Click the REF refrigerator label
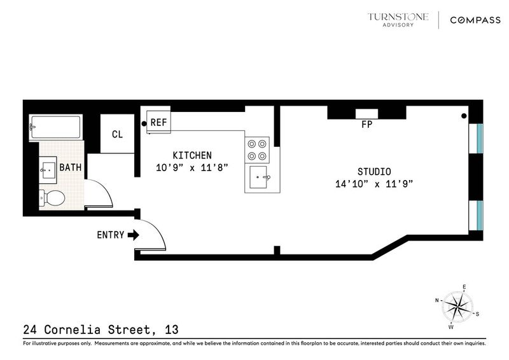(158, 122)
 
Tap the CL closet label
(117, 134)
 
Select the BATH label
(71, 167)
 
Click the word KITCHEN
(192, 155)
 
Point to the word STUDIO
(374, 171)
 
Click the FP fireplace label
(367, 124)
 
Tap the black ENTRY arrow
(134, 235)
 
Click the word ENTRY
(110, 235)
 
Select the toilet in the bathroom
(52, 197)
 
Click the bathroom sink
(48, 167)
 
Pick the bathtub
(55, 127)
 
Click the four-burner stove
(257, 150)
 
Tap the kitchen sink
(259, 177)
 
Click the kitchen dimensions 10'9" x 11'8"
(192, 168)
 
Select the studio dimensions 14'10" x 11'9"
(374, 184)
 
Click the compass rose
(457, 307)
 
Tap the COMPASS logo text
(475, 20)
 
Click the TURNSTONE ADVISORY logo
(398, 20)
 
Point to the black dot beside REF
(144, 123)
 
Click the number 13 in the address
(171, 329)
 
